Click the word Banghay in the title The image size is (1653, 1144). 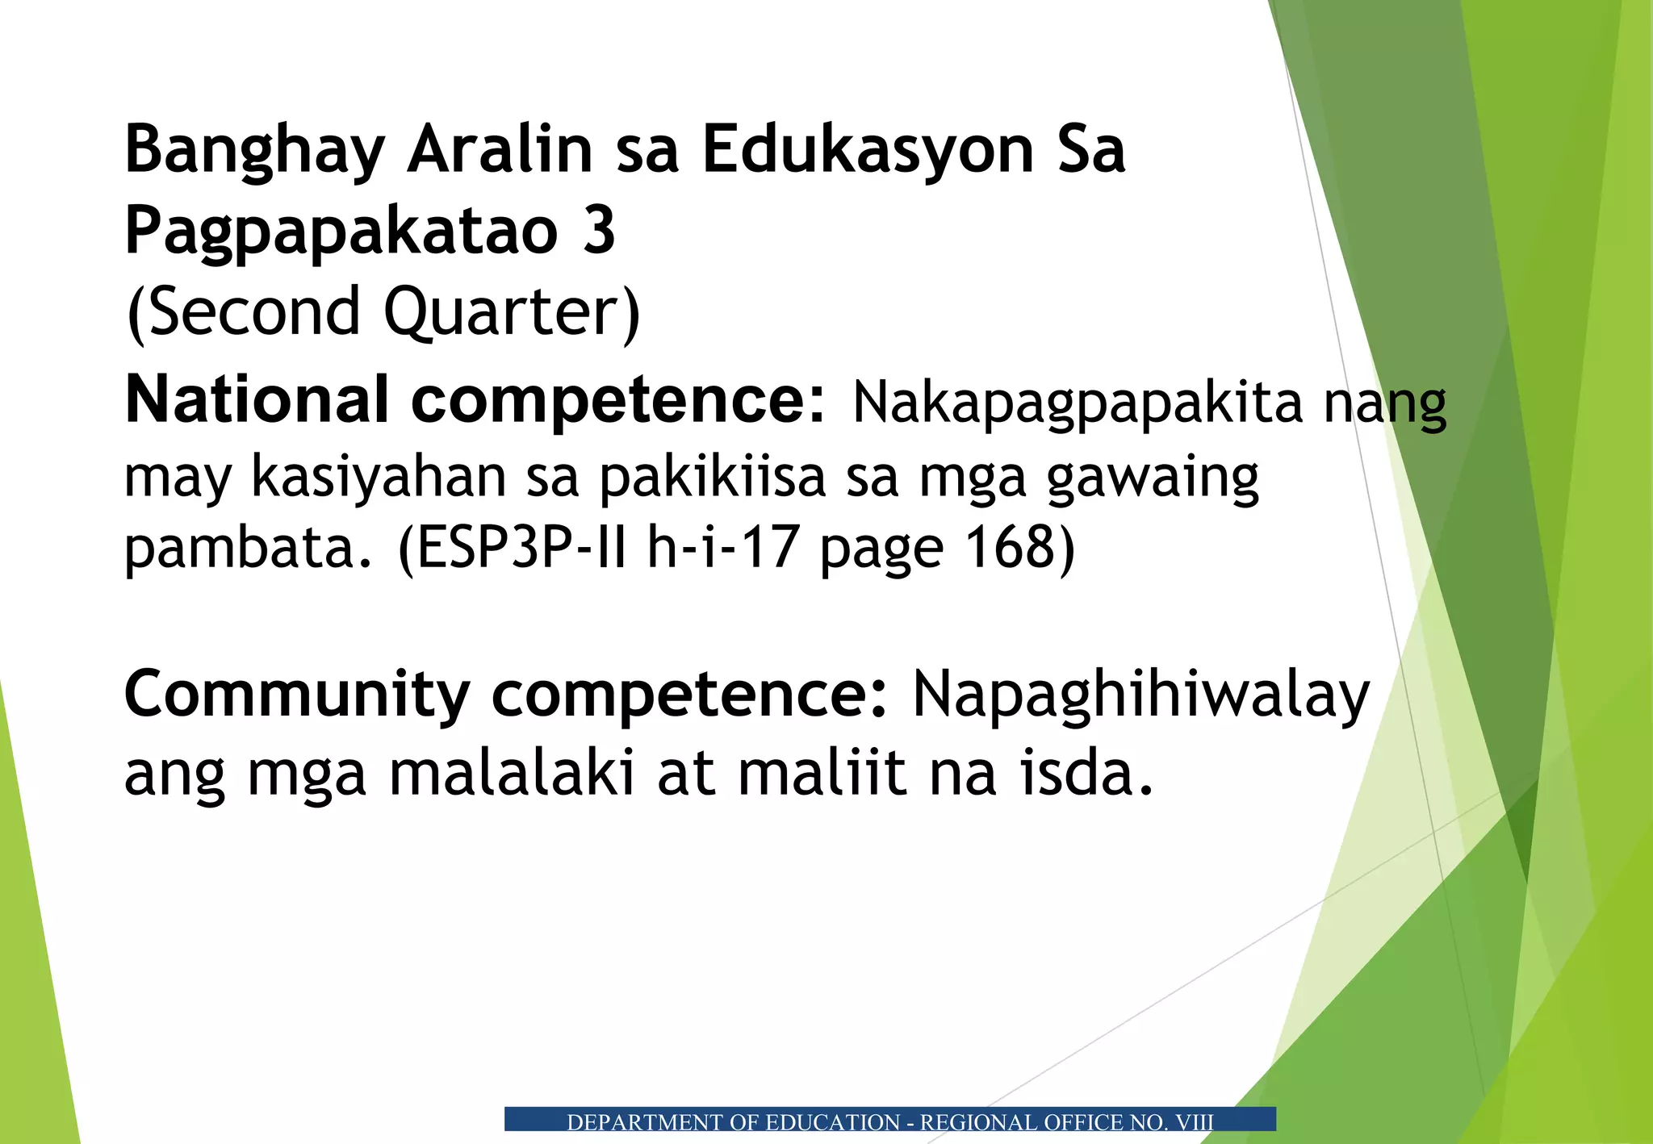click(254, 151)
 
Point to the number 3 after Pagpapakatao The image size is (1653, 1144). click(599, 231)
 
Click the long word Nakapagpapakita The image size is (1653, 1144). click(1078, 402)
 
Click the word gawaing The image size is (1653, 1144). click(1153, 478)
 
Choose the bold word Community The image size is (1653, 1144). click(297, 695)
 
